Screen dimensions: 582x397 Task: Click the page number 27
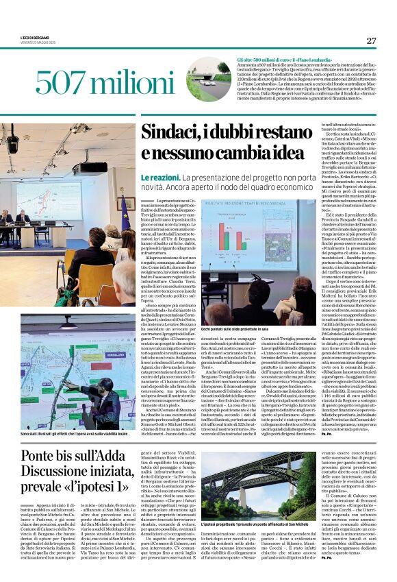click(x=371, y=40)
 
